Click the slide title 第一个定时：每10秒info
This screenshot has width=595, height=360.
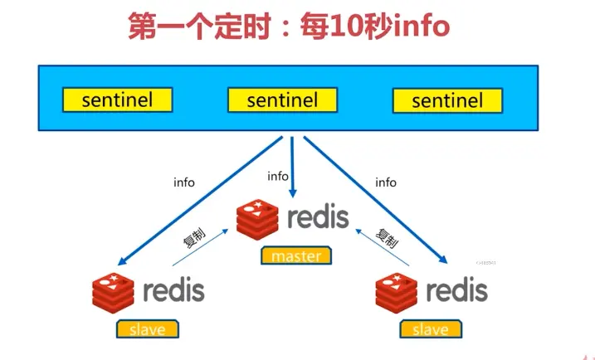(x=288, y=27)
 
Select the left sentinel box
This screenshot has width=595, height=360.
(x=117, y=100)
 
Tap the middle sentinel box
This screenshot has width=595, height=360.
(x=282, y=100)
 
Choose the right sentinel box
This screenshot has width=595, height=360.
(x=447, y=101)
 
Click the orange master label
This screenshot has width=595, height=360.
(x=295, y=255)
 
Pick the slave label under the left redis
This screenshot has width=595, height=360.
(x=148, y=328)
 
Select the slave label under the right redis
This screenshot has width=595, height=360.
(x=430, y=328)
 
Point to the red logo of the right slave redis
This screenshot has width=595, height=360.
(x=396, y=292)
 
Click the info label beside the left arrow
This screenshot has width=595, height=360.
(x=184, y=182)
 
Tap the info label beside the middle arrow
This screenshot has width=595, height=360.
(x=278, y=176)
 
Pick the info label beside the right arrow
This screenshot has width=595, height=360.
(x=386, y=182)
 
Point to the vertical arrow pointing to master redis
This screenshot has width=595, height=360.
(x=291, y=166)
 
